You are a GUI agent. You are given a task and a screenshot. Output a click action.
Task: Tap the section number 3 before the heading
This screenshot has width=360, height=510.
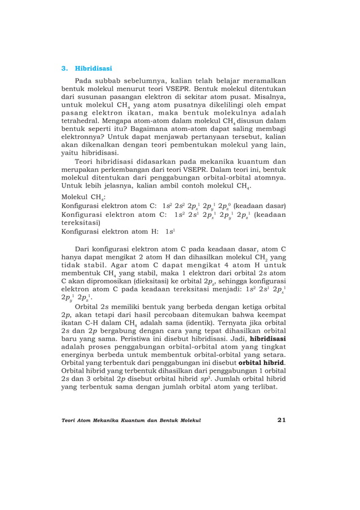(x=63, y=68)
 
